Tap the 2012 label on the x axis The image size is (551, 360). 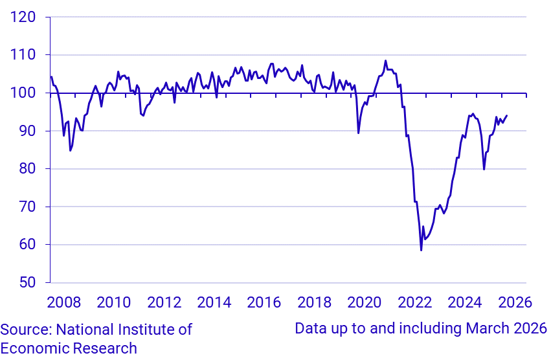pyautogui.click(x=164, y=302)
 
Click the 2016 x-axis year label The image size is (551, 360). pyautogui.click(x=264, y=302)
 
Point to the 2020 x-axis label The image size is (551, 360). pyautogui.click(x=365, y=302)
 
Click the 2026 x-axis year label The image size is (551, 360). pyautogui.click(x=515, y=302)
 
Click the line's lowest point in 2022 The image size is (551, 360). pyautogui.click(x=421, y=250)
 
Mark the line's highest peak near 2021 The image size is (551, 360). pyautogui.click(x=386, y=61)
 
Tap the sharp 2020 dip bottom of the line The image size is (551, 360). pyautogui.click(x=359, y=133)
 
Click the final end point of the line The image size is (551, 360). pyautogui.click(x=507, y=115)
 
